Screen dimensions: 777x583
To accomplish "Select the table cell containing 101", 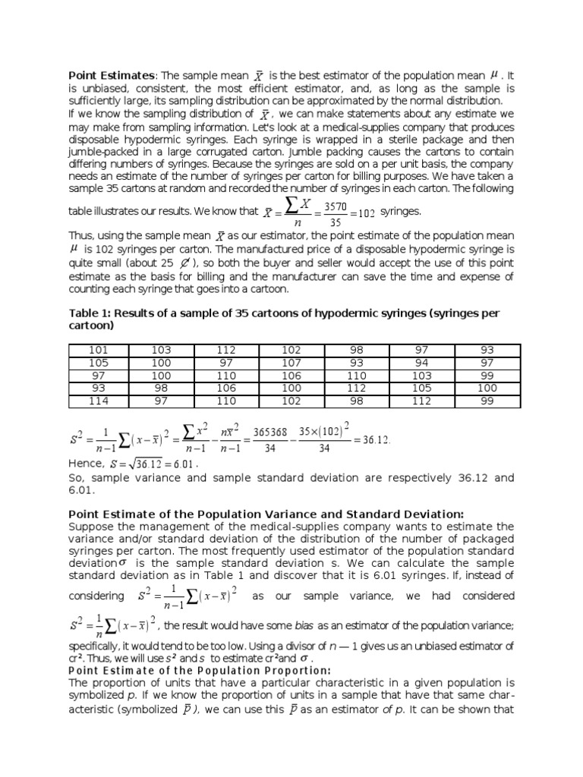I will [99, 350].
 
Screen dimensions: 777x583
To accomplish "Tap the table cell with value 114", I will [99, 401].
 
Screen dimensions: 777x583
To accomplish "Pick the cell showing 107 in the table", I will [291, 363].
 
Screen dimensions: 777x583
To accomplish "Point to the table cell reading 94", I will [422, 363].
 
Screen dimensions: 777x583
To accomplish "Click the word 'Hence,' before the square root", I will [86, 464].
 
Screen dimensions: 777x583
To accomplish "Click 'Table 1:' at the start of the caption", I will [92, 313].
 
